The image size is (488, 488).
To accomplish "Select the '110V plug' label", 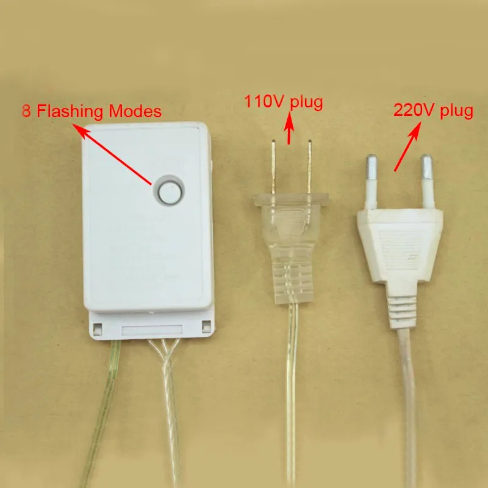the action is pos(284,101).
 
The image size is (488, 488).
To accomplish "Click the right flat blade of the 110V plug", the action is pos(310,167).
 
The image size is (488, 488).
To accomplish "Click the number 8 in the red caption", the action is pos(26,112).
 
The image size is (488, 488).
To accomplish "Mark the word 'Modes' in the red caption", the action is pos(141,112).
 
